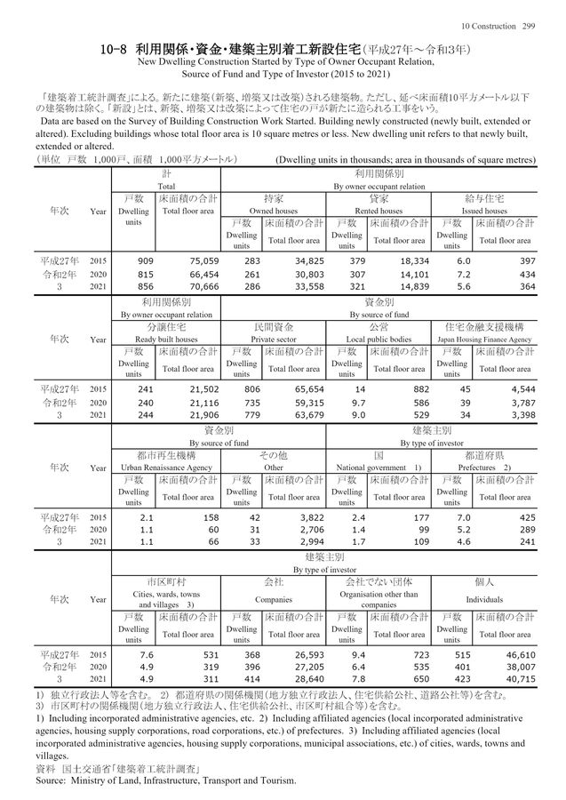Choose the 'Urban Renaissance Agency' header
[x=165, y=467]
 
